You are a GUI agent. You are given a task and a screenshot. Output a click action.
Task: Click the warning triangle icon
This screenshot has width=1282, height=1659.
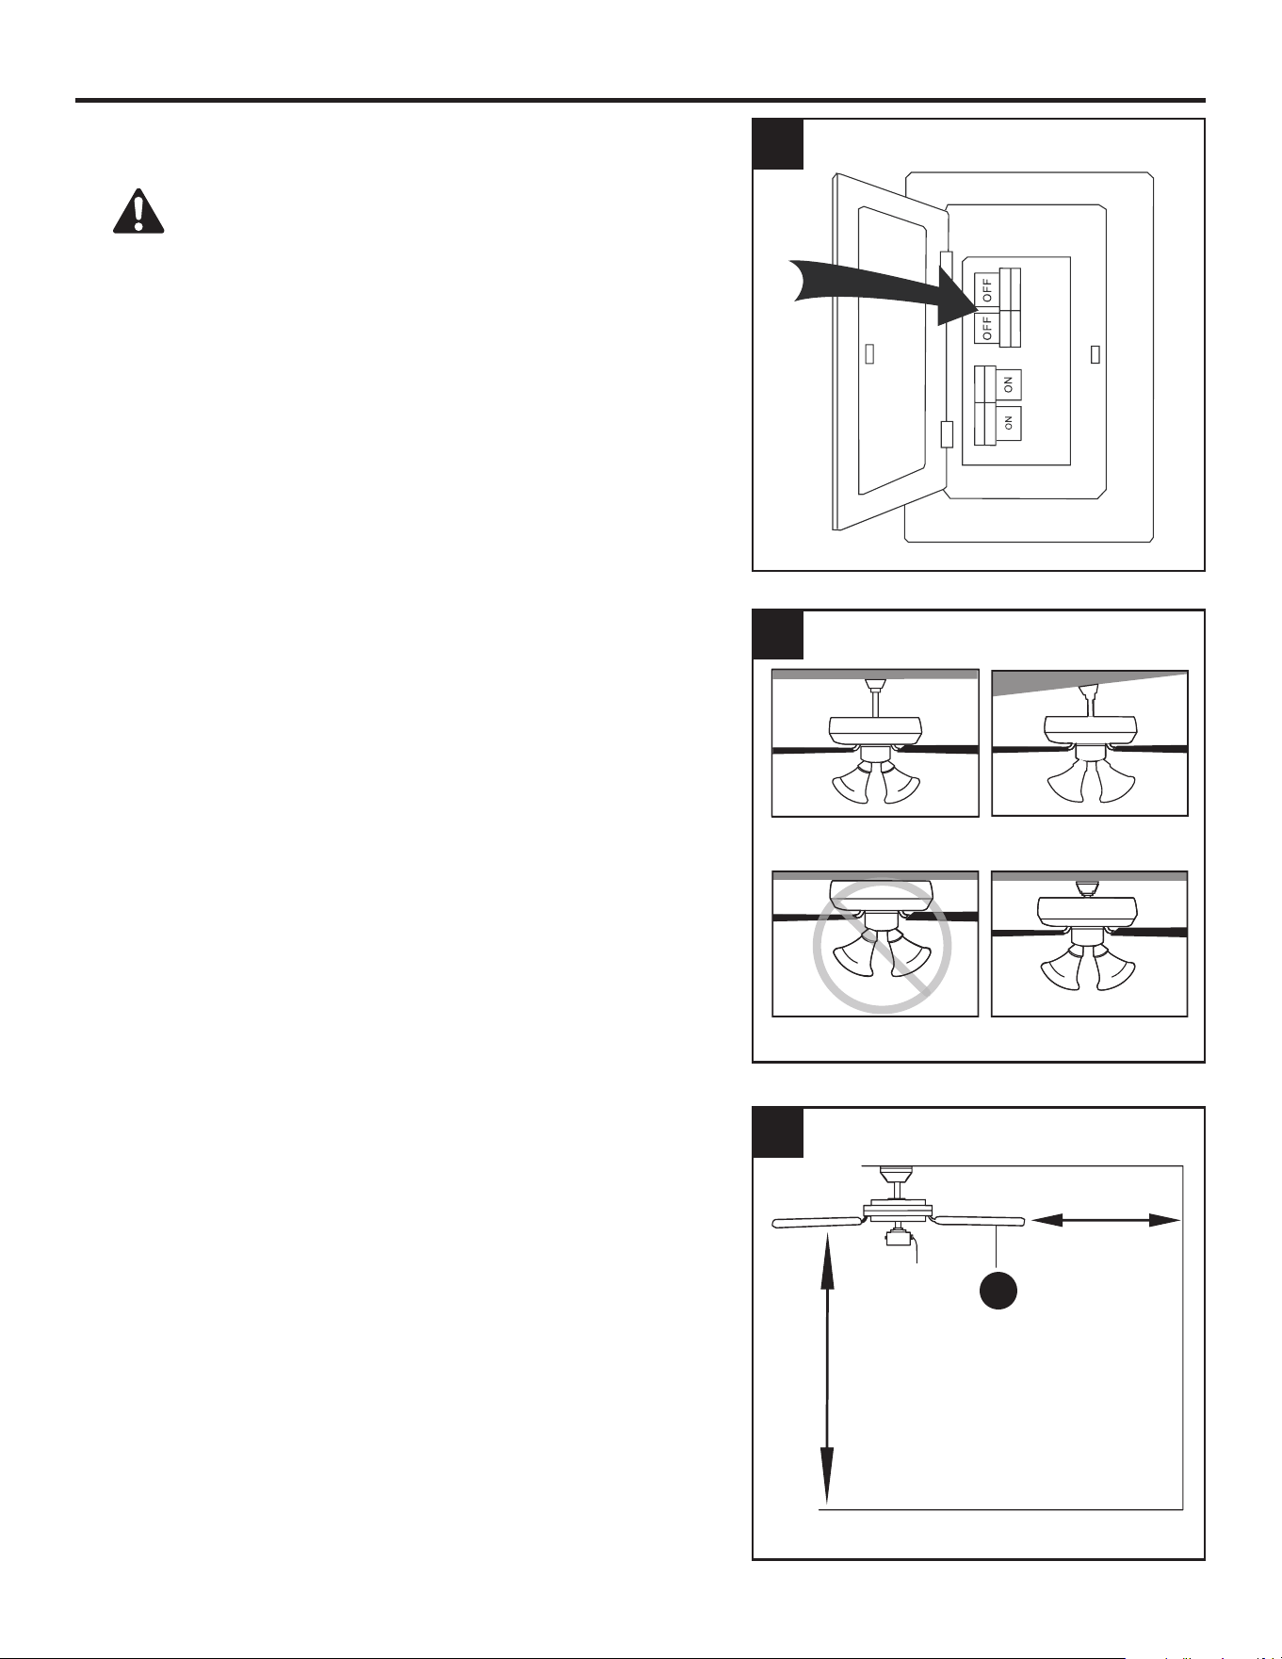pyautogui.click(x=138, y=211)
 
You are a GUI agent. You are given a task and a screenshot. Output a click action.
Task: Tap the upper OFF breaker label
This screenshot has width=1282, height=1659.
pyautogui.click(x=986, y=289)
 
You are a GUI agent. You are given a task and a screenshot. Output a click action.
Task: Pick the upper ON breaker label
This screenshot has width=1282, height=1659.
pyautogui.click(x=1008, y=384)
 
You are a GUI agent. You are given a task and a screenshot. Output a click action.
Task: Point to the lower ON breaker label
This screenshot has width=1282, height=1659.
pyautogui.click(x=1008, y=425)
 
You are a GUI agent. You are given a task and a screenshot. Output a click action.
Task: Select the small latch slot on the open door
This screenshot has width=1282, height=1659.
pyautogui.click(x=870, y=353)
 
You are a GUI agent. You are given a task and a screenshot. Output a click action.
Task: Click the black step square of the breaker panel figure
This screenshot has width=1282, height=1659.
pyautogui.click(x=778, y=143)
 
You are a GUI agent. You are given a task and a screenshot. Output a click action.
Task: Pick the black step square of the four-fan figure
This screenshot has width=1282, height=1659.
pyautogui.click(x=778, y=634)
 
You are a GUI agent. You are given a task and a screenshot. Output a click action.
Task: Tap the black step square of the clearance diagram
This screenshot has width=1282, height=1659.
pyautogui.click(x=778, y=1132)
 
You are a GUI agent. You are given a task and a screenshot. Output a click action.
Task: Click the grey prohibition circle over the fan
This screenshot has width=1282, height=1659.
pyautogui.click(x=882, y=946)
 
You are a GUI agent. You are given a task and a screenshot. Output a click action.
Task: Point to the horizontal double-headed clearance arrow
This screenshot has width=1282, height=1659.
pyautogui.click(x=1106, y=1220)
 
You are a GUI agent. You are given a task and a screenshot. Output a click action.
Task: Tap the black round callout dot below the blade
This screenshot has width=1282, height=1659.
pyautogui.click(x=998, y=1290)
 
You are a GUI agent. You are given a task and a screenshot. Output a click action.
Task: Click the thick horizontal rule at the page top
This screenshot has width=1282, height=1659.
pyautogui.click(x=641, y=100)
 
